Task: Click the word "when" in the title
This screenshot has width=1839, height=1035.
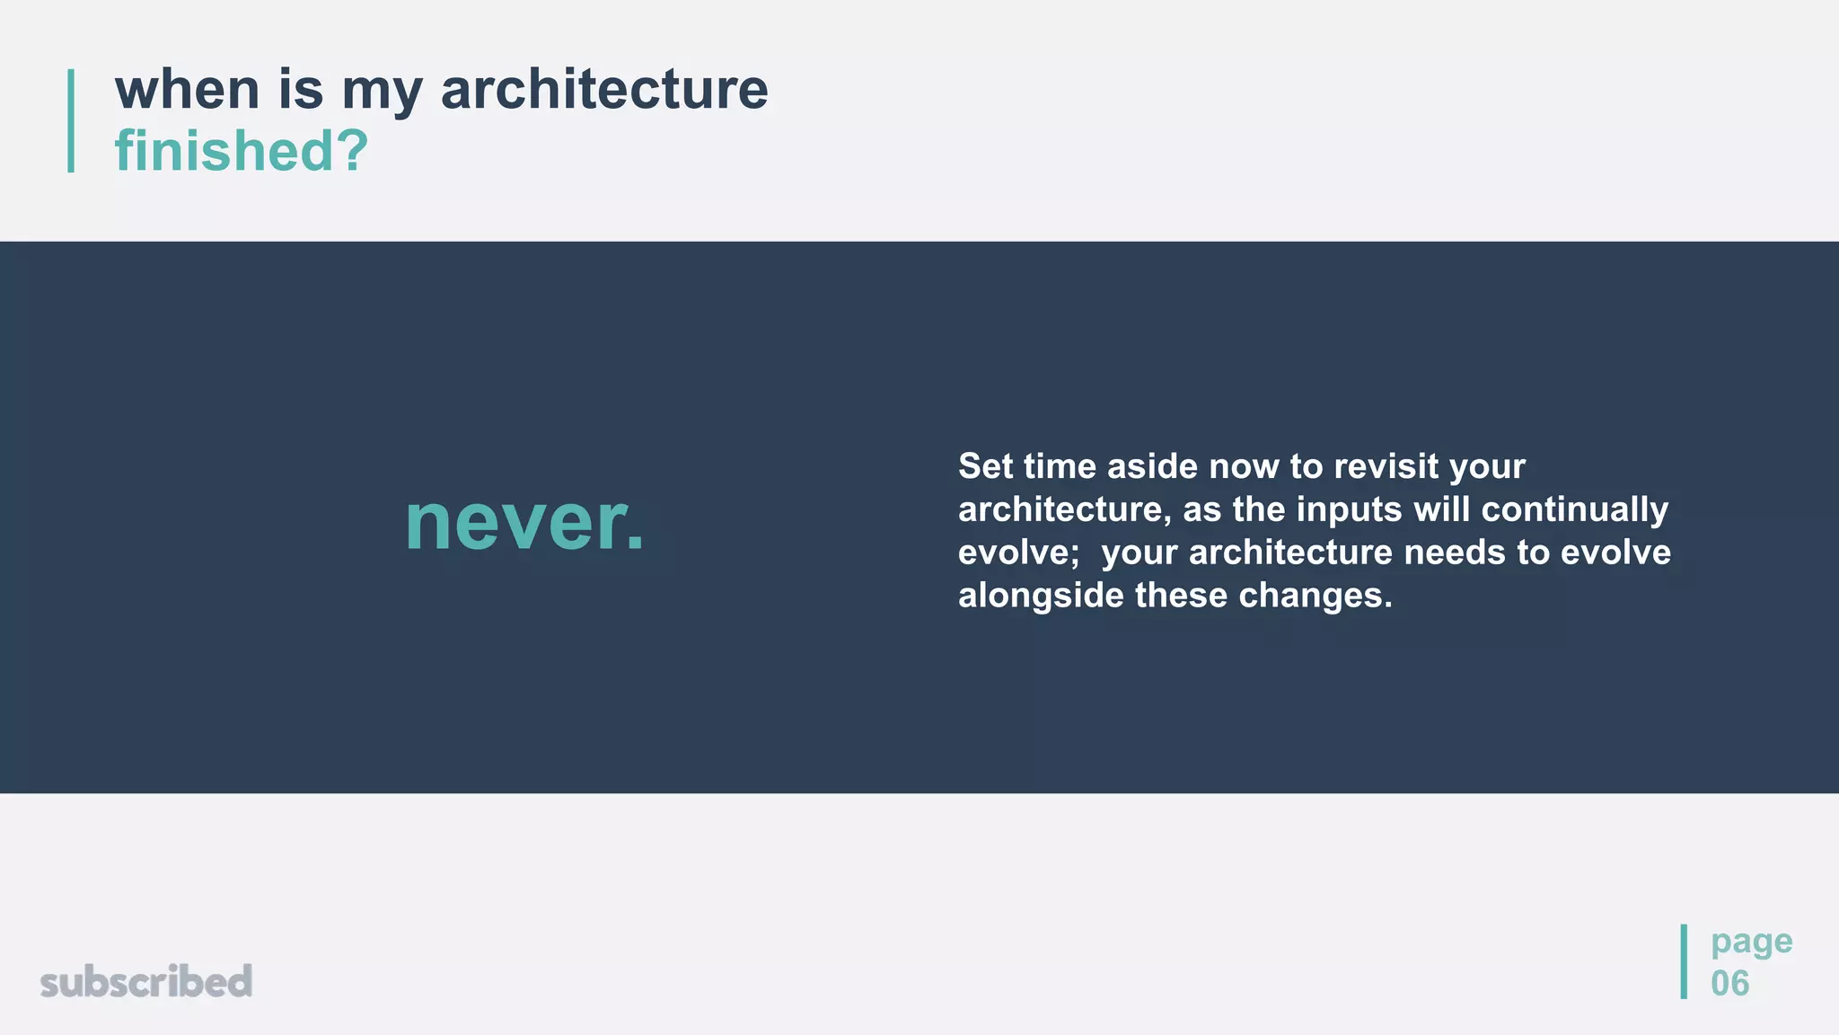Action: pos(187,90)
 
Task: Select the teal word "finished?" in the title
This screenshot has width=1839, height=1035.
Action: pos(242,150)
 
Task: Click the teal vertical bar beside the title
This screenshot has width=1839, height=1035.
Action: pos(71,120)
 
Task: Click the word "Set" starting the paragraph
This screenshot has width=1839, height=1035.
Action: pos(984,466)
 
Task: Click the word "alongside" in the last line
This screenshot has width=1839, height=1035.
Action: pos(1041,596)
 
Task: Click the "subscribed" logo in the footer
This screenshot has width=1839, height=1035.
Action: pos(146,981)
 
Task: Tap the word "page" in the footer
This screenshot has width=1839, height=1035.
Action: pos(1751,942)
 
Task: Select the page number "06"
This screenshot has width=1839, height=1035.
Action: pos(1729,983)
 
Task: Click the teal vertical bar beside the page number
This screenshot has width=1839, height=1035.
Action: pos(1684,961)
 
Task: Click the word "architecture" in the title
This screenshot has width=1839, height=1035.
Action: pos(604,90)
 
